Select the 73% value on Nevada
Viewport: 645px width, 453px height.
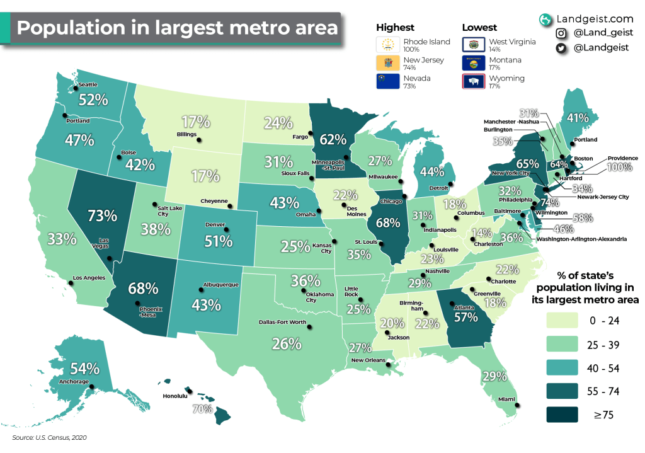[x=101, y=215]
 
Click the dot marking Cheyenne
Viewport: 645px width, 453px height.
[x=235, y=205]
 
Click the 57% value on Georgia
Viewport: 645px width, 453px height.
[x=465, y=317]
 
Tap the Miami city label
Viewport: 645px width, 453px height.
[x=508, y=398]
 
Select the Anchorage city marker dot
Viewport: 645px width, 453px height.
[x=91, y=387]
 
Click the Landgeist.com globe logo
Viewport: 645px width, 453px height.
[x=545, y=20]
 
